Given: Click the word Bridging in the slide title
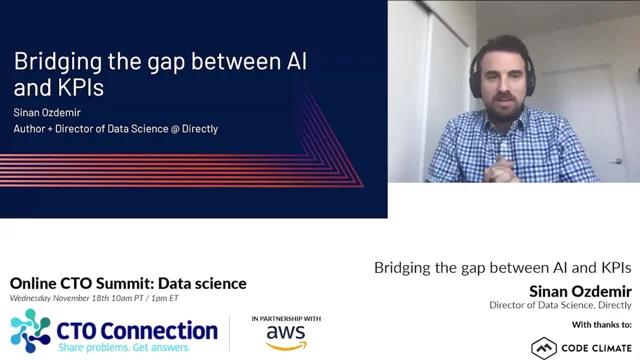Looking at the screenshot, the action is click(x=58, y=62).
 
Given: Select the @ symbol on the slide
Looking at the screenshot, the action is click(x=175, y=129).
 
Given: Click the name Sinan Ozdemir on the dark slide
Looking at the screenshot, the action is click(x=47, y=112).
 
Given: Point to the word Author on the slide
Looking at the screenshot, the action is click(x=29, y=129).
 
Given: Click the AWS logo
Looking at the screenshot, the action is click(x=286, y=337).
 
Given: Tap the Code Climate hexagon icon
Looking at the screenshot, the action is click(x=544, y=348).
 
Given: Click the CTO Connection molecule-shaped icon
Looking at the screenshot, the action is click(x=31, y=331).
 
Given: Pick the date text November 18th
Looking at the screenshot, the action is click(x=81, y=298).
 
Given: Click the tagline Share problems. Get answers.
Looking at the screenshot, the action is click(x=124, y=347).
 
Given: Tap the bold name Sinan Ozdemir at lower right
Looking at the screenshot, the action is click(x=580, y=291).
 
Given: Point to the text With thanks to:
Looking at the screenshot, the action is click(x=602, y=324).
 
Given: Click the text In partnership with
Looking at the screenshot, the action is click(x=286, y=318).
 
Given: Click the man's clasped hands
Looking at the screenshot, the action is click(x=500, y=170).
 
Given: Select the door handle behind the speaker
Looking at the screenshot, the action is click(x=616, y=162).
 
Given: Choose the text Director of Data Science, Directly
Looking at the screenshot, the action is click(x=560, y=305).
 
